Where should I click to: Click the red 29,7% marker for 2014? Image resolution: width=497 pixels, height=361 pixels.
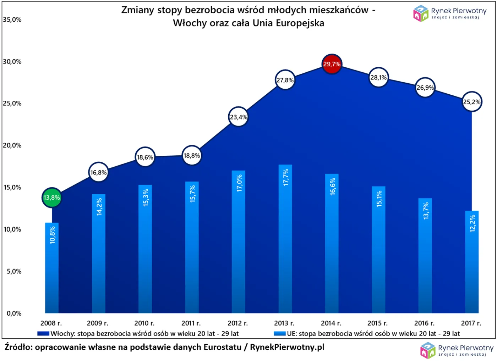[332, 64]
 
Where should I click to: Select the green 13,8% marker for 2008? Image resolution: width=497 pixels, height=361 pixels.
[52, 198]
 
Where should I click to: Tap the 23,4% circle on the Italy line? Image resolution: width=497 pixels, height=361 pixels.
[238, 117]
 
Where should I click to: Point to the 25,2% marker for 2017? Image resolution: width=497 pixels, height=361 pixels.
[472, 102]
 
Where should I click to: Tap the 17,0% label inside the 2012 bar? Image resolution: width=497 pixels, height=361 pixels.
[239, 183]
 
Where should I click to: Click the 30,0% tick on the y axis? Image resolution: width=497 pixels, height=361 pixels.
[12, 62]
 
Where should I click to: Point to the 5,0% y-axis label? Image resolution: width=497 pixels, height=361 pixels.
[14, 271]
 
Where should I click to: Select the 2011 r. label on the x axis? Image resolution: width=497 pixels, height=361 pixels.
[191, 323]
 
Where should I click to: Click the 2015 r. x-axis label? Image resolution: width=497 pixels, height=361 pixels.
[377, 323]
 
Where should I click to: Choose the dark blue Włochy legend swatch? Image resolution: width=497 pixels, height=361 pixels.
[43, 334]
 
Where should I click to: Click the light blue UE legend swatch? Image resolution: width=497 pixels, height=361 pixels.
[279, 334]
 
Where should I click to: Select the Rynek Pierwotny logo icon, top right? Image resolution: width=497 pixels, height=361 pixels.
[421, 13]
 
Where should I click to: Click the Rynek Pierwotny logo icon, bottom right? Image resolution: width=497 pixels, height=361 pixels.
[428, 350]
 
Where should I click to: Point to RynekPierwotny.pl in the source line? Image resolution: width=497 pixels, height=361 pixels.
[287, 347]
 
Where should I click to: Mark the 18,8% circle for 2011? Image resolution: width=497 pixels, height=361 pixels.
[192, 155]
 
